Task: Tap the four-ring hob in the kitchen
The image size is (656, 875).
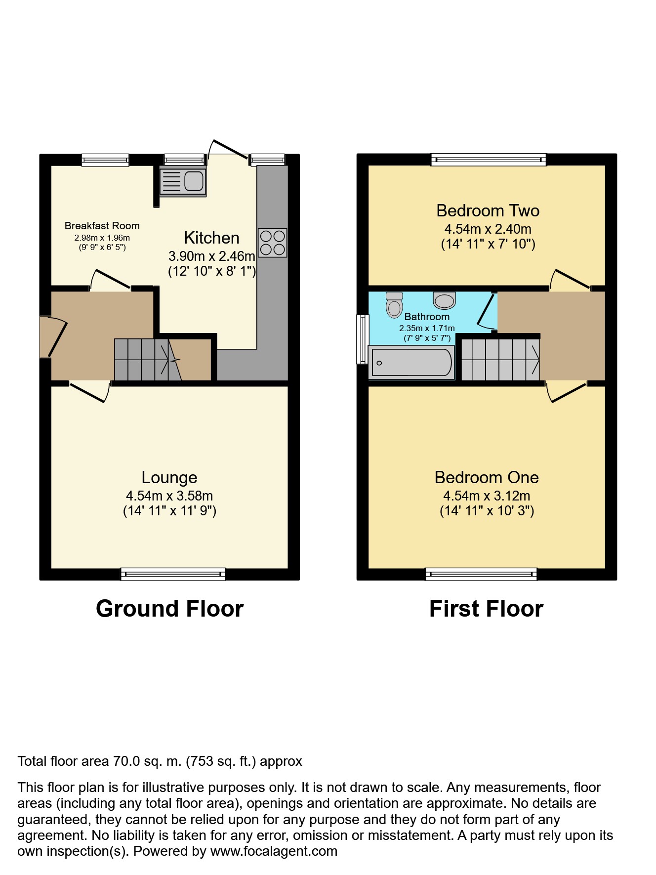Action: coord(273,243)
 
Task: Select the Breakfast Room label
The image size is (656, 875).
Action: coord(102,226)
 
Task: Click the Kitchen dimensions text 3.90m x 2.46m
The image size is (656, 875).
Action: coord(211,256)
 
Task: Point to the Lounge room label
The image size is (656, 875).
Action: coord(169,477)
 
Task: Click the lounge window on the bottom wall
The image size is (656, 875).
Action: coord(173,574)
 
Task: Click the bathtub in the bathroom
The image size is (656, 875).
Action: coord(411,363)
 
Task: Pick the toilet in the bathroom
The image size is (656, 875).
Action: coord(394,305)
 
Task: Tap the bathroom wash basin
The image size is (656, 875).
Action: coord(444,300)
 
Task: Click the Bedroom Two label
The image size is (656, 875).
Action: coord(488,211)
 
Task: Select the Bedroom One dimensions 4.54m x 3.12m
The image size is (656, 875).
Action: coord(487,496)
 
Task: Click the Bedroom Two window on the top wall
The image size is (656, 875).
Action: coord(488,159)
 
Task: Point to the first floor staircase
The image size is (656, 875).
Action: coord(500,359)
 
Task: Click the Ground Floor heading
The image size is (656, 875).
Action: coord(169,609)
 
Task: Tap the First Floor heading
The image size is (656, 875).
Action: coord(486,609)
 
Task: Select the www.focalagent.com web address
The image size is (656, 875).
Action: coord(274,851)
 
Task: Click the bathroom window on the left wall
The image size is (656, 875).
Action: coord(363,339)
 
